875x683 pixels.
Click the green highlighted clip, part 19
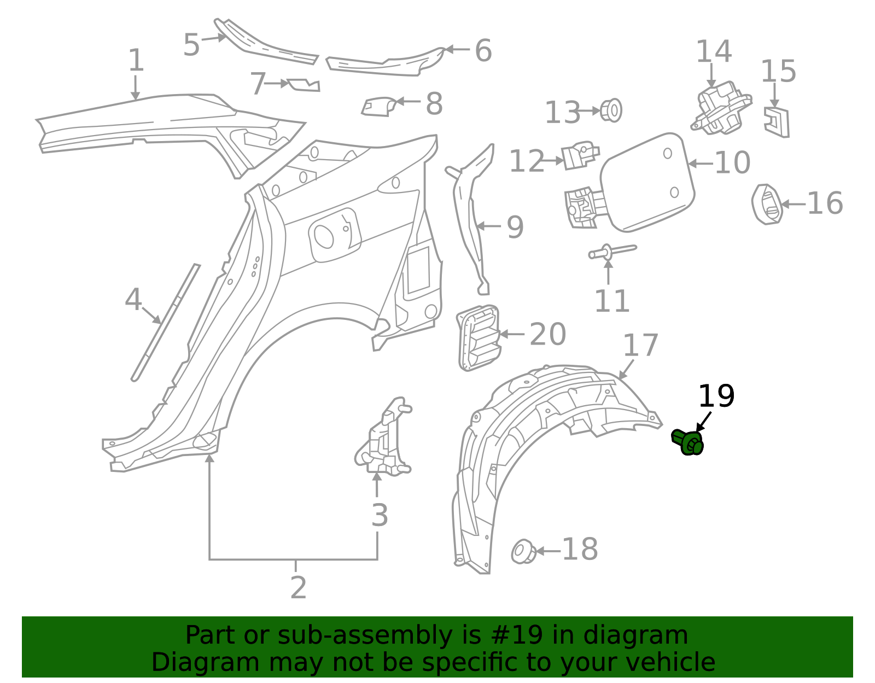click(x=688, y=442)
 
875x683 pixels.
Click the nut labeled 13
click(x=611, y=110)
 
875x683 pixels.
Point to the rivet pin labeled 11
click(x=611, y=252)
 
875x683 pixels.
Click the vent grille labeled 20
click(x=479, y=337)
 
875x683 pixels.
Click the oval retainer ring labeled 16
click(x=767, y=205)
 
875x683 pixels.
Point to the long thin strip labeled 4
click(x=166, y=322)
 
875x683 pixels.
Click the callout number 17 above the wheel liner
click(x=640, y=346)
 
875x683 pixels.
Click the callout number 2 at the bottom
click(x=298, y=587)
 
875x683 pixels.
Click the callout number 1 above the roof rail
click(x=136, y=60)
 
